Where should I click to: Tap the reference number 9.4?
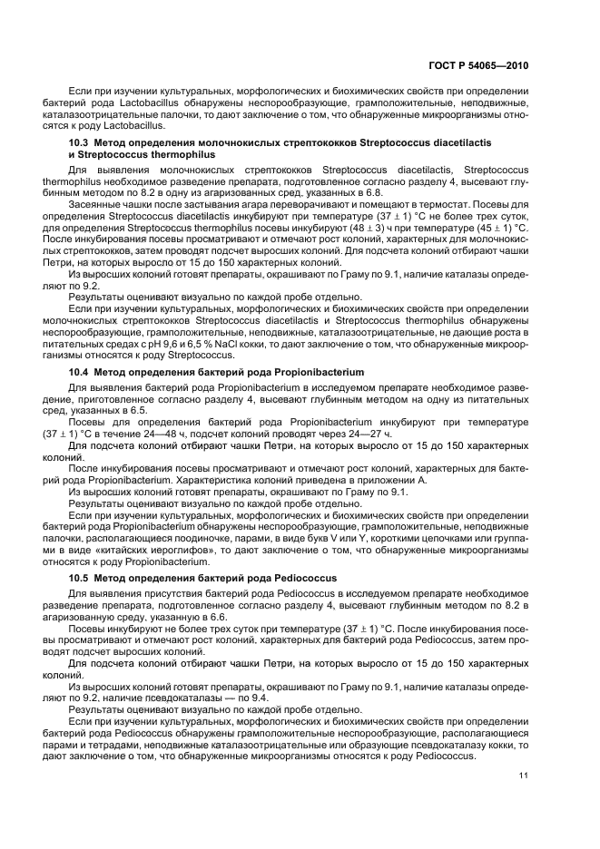pyautogui.click(x=241, y=698)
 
